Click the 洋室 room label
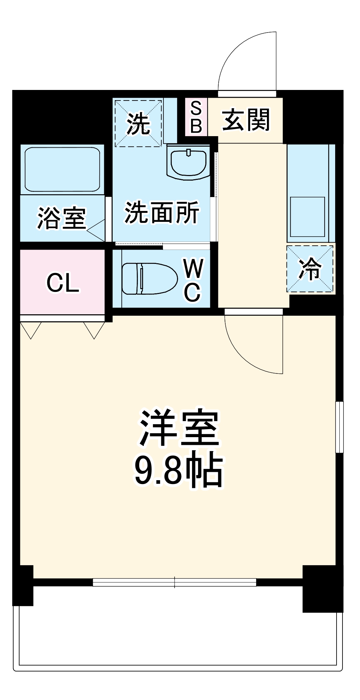(x=179, y=428)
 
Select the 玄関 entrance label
(x=246, y=120)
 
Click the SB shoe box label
(x=196, y=117)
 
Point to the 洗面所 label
(x=162, y=212)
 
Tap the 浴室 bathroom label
(x=62, y=218)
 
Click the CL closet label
(x=63, y=282)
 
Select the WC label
(x=193, y=280)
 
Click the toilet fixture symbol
(x=149, y=279)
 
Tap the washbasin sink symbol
(x=189, y=162)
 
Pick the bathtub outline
(x=62, y=169)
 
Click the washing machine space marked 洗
(x=138, y=124)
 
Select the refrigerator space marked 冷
(x=310, y=268)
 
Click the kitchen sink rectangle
(x=308, y=217)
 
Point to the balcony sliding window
(x=175, y=582)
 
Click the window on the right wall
(x=339, y=427)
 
